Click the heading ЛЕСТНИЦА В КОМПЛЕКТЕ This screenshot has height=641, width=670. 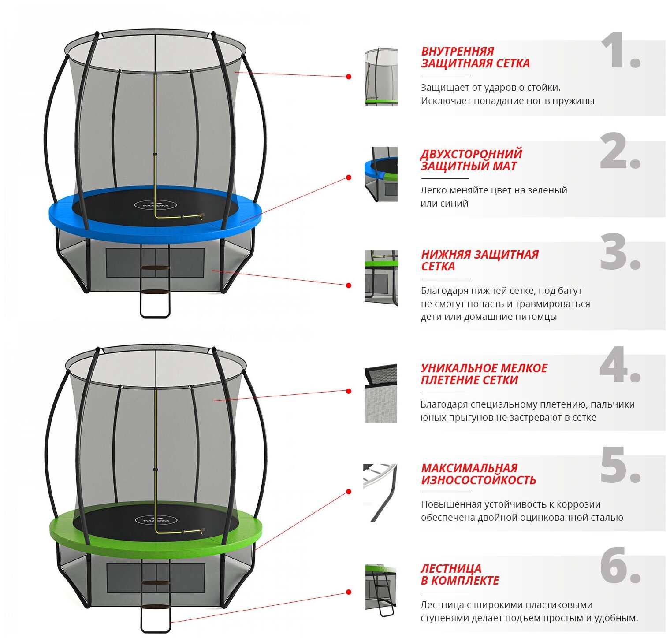click(459, 574)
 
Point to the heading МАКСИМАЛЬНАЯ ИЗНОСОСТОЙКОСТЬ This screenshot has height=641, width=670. click(478, 474)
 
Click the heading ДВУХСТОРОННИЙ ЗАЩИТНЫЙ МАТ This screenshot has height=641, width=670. click(471, 160)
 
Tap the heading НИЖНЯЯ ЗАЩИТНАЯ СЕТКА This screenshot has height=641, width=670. click(480, 260)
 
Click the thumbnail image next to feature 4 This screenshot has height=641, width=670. click(381, 393)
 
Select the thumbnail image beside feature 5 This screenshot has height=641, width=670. click(380, 493)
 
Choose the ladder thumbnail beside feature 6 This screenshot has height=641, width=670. click(381, 590)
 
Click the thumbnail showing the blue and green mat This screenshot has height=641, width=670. click(381, 174)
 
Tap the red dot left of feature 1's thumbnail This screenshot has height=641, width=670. click(349, 77)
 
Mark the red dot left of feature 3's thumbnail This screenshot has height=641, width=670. click(349, 285)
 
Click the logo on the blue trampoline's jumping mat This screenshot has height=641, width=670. click(155, 205)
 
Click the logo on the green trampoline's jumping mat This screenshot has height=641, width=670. click(156, 520)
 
